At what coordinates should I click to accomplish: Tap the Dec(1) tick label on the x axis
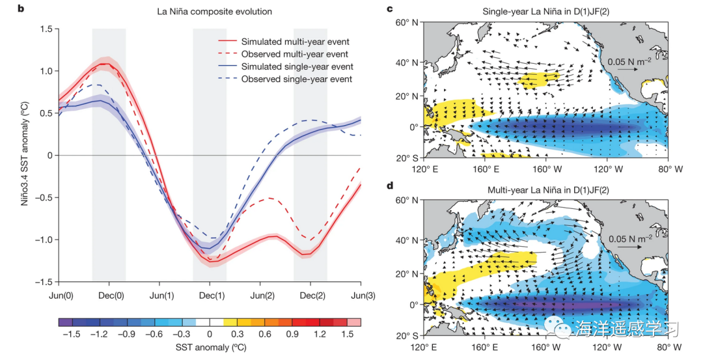pyautogui.click(x=210, y=295)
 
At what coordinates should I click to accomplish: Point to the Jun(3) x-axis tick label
pyautogui.click(x=360, y=295)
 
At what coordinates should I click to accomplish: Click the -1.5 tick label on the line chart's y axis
pyautogui.click(x=46, y=282)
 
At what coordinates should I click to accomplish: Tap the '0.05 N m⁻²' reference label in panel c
pyautogui.click(x=629, y=62)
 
